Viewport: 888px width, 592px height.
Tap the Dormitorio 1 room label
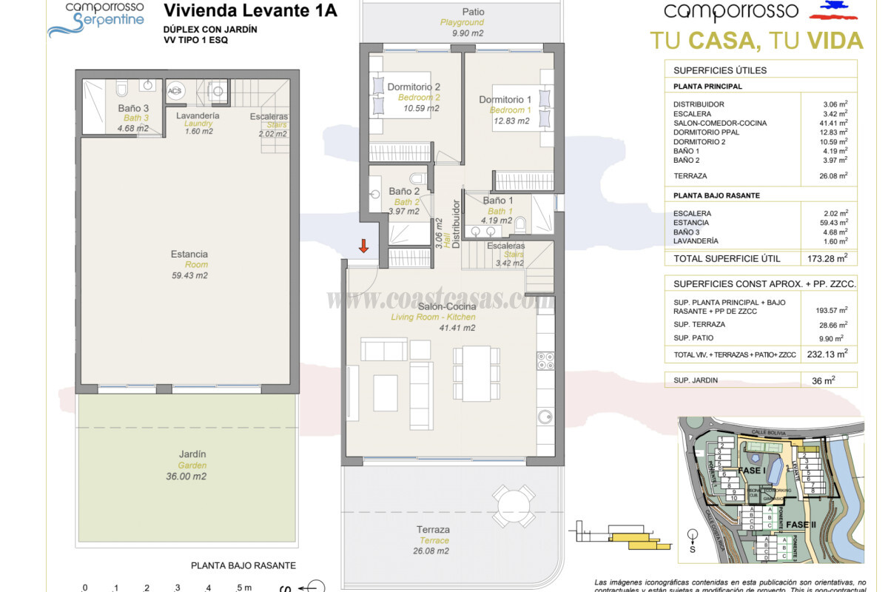(x=505, y=100)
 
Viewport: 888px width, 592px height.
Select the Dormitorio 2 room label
(x=414, y=87)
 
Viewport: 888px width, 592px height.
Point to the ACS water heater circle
(x=175, y=92)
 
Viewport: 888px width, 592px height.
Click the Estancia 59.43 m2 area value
(x=189, y=275)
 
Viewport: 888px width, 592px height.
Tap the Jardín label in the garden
(x=192, y=454)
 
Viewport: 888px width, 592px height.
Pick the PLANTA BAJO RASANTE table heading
(x=717, y=195)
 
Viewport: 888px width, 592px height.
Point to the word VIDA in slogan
(x=834, y=40)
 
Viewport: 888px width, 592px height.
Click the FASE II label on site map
(x=801, y=525)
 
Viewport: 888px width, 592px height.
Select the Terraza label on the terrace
(x=433, y=530)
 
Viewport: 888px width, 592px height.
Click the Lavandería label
(x=198, y=116)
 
